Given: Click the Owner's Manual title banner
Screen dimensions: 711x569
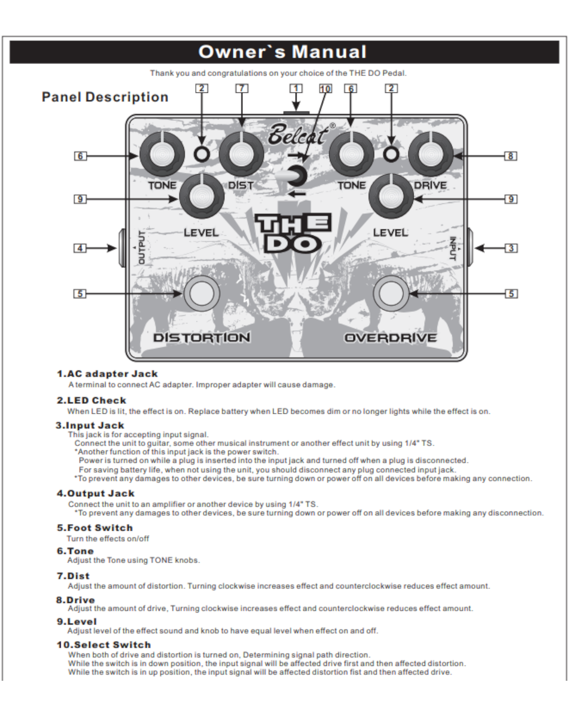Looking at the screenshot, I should coord(284,52).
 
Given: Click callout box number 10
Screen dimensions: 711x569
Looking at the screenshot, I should coord(325,89).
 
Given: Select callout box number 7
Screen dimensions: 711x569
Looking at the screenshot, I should coord(242,88).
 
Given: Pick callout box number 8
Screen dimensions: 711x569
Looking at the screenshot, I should coord(510,156).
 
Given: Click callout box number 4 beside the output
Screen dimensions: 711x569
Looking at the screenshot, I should coord(80,248).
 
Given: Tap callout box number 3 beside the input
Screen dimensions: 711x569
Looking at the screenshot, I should coord(511,248).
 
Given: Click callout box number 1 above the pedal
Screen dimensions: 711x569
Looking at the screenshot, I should coord(296,88).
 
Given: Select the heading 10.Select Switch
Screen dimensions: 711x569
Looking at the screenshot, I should coord(103,645).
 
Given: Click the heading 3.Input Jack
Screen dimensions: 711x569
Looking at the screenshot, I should coord(90,426).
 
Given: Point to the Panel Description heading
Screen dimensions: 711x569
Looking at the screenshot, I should coord(105,97).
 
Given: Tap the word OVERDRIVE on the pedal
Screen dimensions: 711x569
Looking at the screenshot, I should coord(390,338).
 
